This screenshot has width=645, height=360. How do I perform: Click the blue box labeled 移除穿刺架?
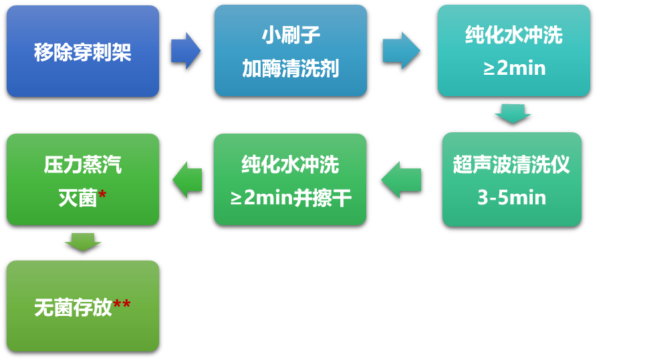(83, 51)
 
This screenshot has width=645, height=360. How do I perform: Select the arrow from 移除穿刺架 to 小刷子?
(185, 51)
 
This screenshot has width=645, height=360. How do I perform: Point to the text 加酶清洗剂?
(290, 68)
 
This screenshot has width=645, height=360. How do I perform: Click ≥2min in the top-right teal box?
(513, 68)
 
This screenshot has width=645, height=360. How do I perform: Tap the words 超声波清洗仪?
(511, 164)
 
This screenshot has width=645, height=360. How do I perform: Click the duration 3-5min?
(511, 198)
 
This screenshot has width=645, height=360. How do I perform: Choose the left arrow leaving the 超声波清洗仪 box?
(401, 179)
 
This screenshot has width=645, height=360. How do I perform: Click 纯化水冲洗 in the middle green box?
(290, 164)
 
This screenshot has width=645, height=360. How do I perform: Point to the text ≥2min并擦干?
(290, 198)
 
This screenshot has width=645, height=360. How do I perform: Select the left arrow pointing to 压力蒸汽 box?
(187, 179)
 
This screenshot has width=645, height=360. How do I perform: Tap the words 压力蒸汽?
(83, 164)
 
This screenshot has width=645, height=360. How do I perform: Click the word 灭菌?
(78, 198)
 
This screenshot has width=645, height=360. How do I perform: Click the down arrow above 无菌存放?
(83, 242)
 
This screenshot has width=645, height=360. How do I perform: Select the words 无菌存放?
(73, 307)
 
